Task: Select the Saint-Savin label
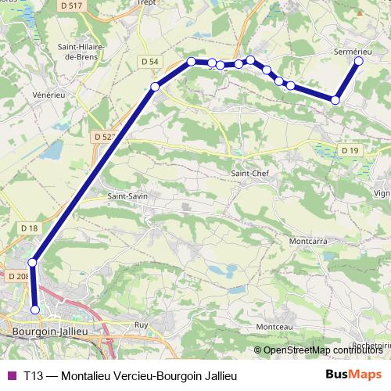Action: pyautogui.click(x=127, y=195)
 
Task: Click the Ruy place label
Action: pyautogui.click(x=141, y=324)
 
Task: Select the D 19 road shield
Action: pyautogui.click(x=349, y=150)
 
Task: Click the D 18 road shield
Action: pyautogui.click(x=30, y=228)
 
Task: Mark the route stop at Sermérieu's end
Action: pyautogui.click(x=359, y=60)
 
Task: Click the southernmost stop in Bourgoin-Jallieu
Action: pyautogui.click(x=35, y=310)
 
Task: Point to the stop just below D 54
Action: pyautogui.click(x=155, y=86)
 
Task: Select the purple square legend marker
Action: pyautogui.click(x=10, y=375)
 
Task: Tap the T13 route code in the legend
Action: pyautogui.click(x=32, y=375)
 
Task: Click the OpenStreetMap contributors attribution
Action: pyautogui.click(x=320, y=350)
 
